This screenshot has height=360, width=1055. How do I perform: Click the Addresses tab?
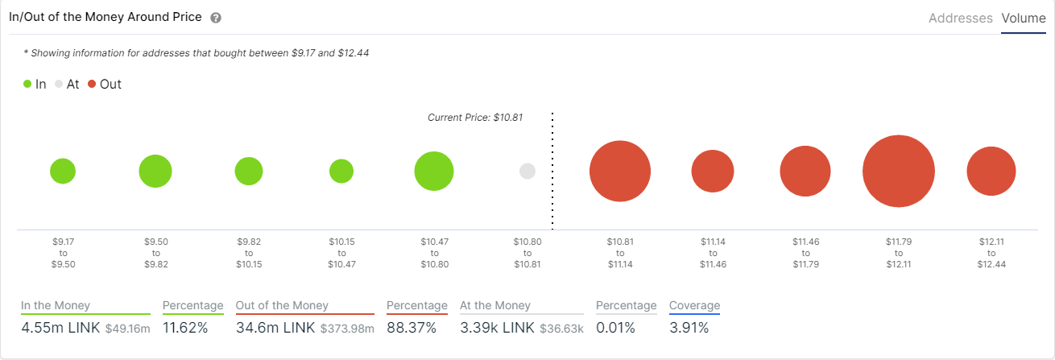[960, 18]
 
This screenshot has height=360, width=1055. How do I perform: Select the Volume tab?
[1024, 18]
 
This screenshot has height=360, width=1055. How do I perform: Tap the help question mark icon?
[215, 18]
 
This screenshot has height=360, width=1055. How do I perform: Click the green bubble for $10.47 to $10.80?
[434, 172]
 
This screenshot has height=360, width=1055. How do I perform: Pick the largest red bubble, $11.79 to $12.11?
[898, 172]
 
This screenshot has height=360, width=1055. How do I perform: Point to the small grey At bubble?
[527, 172]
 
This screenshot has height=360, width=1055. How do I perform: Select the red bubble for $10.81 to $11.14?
[619, 172]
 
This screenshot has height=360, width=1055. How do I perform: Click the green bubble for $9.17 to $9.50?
[63, 172]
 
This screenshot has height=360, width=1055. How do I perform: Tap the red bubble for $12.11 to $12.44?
[991, 172]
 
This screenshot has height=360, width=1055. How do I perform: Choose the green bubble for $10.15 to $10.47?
[341, 172]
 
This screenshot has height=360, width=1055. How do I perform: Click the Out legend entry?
[105, 84]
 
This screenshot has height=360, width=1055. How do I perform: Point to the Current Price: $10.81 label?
[474, 117]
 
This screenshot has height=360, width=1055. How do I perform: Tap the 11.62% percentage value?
[185, 328]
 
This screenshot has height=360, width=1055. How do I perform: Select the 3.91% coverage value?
[689, 328]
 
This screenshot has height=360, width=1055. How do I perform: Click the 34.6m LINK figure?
[275, 328]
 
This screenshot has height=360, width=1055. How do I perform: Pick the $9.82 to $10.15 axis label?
[249, 252]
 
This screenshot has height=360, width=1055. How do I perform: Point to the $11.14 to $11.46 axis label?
[713, 252]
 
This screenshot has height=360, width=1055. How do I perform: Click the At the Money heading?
[495, 305]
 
